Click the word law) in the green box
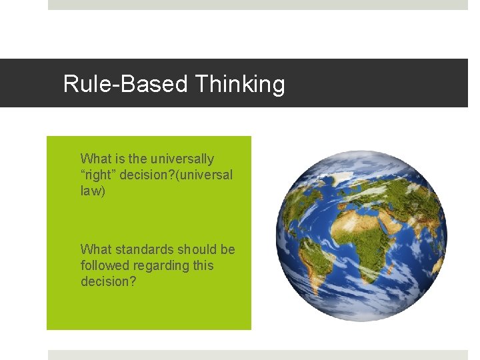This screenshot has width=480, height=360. pos(93,191)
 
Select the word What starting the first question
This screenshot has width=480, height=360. pos(95,159)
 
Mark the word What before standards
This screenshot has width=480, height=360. pos(95,249)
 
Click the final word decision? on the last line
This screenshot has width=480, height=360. pos(107,281)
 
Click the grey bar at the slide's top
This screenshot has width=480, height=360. pos(258,5)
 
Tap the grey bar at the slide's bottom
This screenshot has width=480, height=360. pos(258,355)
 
